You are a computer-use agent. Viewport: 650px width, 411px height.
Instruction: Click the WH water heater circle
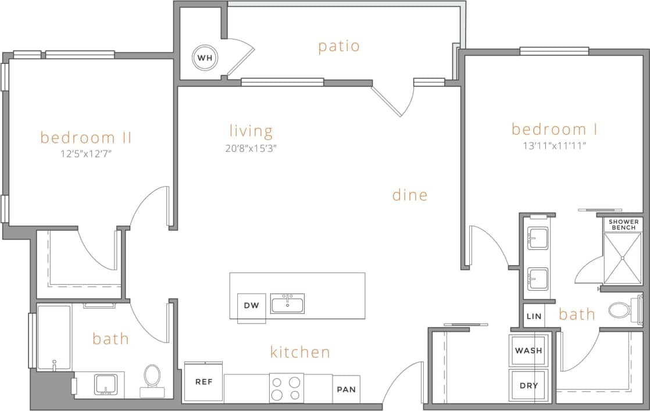(204, 58)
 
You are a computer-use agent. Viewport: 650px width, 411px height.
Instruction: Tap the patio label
(339, 47)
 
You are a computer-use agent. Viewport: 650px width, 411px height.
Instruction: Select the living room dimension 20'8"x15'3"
(251, 148)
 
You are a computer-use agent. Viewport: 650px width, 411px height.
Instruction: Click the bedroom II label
(86, 138)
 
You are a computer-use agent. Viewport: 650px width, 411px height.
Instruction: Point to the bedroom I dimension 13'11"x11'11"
(554, 146)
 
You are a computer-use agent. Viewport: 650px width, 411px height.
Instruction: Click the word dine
(410, 195)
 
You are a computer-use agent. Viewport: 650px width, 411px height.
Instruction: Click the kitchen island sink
(287, 303)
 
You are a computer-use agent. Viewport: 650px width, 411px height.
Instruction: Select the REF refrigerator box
(203, 382)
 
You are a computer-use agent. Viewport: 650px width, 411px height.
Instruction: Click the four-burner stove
(287, 388)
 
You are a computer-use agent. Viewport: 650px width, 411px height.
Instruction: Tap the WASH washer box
(528, 351)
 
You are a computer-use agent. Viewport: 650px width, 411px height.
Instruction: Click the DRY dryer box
(528, 386)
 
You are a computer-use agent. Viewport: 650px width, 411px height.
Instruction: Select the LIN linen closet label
(534, 317)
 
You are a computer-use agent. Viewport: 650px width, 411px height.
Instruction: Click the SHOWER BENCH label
(624, 224)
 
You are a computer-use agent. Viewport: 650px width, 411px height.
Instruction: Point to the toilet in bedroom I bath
(623, 310)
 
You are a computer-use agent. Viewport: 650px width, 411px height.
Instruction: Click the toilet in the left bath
(152, 377)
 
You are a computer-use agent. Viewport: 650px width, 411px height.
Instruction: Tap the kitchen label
(300, 352)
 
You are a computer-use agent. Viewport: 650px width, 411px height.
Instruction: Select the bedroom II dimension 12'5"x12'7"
(86, 155)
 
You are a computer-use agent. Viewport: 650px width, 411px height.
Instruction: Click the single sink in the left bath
(106, 384)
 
